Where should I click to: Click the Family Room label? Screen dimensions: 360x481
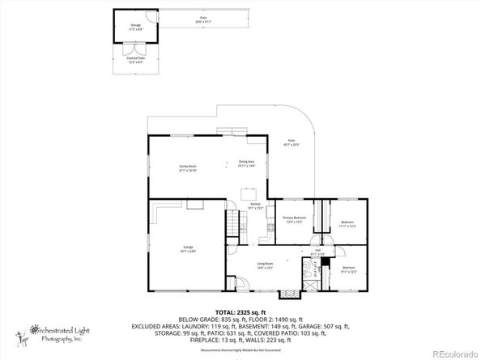click(x=188, y=168)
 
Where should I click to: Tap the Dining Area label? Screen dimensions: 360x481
click(x=246, y=163)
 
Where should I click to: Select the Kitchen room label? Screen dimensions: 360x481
click(x=255, y=205)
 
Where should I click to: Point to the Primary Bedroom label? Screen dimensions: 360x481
click(x=293, y=219)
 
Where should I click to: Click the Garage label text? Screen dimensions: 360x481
click(x=188, y=249)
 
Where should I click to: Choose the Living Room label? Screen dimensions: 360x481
click(x=264, y=265)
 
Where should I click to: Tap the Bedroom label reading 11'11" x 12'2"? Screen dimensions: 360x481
click(x=347, y=223)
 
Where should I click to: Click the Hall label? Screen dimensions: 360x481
click(x=318, y=252)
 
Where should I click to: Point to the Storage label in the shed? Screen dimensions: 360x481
click(x=135, y=27)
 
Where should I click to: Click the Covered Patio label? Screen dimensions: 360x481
click(x=135, y=60)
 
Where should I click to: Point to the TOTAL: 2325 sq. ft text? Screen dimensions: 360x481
click(x=239, y=311)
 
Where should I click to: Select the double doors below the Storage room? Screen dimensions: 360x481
click(x=135, y=45)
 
